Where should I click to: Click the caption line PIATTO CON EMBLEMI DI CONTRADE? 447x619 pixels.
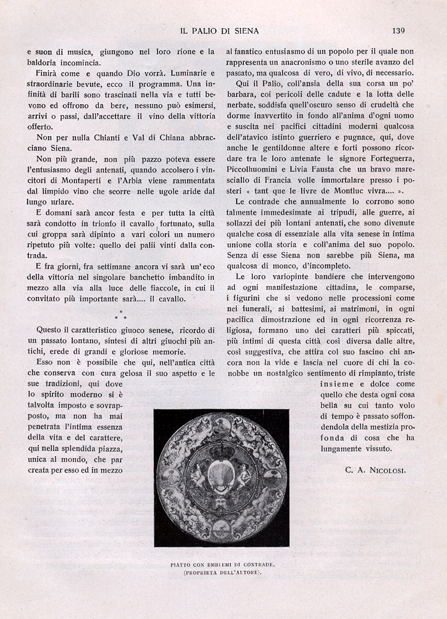pos(221,565)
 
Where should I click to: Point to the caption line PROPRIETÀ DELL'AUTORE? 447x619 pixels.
pos(221,573)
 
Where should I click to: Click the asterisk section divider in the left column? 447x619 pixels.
pos(120,314)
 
